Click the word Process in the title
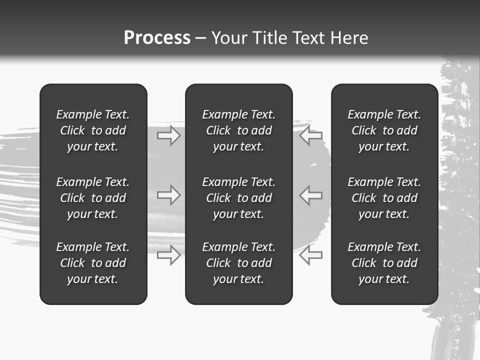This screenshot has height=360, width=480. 157,38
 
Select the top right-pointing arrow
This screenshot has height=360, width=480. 169,135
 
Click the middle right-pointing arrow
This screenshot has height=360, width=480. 169,195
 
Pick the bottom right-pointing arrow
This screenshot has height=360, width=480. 169,254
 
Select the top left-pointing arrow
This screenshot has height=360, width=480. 311,135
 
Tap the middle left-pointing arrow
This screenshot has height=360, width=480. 311,195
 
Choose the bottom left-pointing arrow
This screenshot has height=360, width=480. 311,254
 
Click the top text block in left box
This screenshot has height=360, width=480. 93,130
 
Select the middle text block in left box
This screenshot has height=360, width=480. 93,198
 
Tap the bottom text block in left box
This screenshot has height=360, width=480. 93,263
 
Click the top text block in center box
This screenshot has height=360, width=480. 238,130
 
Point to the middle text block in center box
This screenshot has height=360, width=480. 238,198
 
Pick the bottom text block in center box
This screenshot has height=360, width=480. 238,263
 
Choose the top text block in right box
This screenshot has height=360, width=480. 384,130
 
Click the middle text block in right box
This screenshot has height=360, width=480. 384,198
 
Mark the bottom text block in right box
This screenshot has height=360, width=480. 384,263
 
